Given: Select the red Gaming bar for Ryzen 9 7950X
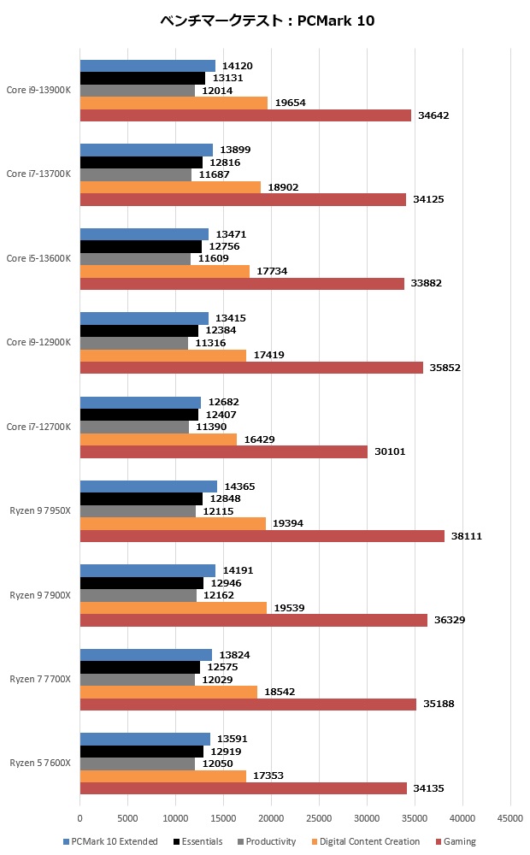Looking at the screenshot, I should pyautogui.click(x=262, y=536).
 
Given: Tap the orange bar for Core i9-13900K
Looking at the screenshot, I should pyautogui.click(x=174, y=103).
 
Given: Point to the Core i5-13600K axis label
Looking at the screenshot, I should pyautogui.click(x=38, y=258).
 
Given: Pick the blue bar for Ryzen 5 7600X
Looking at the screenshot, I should pyautogui.click(x=145, y=739).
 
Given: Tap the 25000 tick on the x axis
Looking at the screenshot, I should pyautogui.click(x=319, y=819).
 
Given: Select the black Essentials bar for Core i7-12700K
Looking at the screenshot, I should pyautogui.click(x=139, y=415).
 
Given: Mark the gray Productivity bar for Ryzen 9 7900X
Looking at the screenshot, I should pyautogui.click(x=138, y=595).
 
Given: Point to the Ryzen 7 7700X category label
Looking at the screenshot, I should pyautogui.click(x=40, y=679).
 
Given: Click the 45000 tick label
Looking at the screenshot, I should pyautogui.click(x=510, y=819).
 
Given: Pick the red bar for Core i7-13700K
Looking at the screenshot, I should pyautogui.click(x=243, y=199).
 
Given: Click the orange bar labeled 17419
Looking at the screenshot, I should pyautogui.click(x=163, y=355).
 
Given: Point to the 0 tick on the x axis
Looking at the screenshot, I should pyautogui.click(x=80, y=819).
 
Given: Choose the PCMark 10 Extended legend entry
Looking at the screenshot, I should pyautogui.click(x=110, y=841).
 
